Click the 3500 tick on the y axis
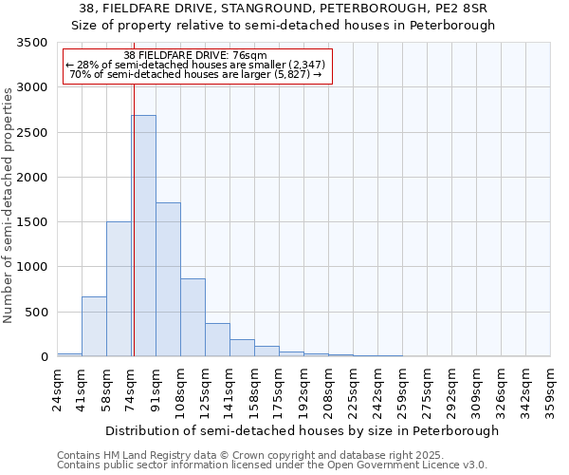point(32,44)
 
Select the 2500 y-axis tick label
point(32,133)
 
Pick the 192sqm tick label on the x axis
point(304,389)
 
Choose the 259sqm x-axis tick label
point(403,389)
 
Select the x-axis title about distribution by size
point(302,430)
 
